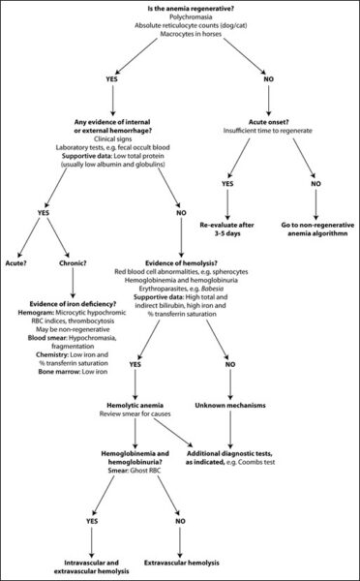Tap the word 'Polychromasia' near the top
[x=180, y=17]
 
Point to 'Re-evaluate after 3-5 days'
[x=227, y=229]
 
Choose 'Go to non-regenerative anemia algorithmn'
[x=315, y=229]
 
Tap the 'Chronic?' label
[x=73, y=263]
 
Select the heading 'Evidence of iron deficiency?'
[x=73, y=304]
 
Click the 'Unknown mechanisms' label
[x=230, y=406]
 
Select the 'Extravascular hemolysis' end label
[x=180, y=563]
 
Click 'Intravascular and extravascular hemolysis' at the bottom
[x=91, y=566]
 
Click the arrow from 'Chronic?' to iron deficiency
[x=73, y=283]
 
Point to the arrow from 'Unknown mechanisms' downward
[x=230, y=429]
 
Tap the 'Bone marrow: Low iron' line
[x=73, y=372]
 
